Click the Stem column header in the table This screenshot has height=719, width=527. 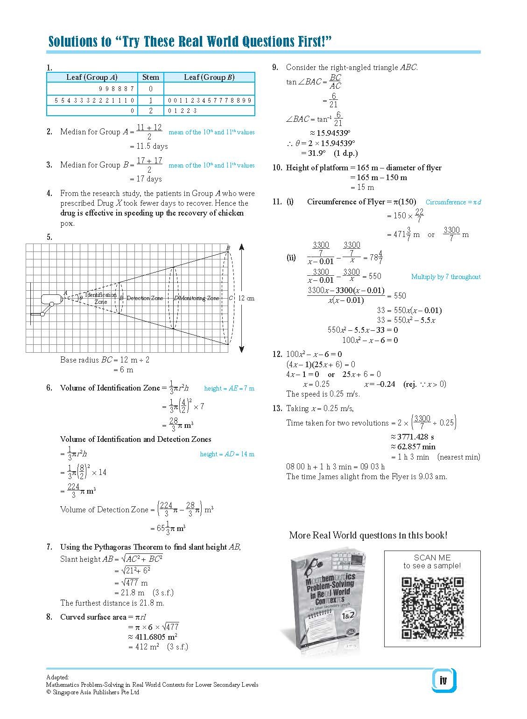[150, 77]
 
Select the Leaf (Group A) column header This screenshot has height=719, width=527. [91, 77]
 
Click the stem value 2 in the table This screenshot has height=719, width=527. [150, 111]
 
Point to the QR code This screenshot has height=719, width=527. [432, 607]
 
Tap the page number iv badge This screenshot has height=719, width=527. [443, 680]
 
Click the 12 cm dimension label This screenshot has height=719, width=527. [246, 298]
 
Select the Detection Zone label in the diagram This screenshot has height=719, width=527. [145, 298]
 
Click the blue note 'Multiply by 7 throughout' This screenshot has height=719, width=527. [445, 277]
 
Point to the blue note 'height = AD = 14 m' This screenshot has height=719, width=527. [227, 454]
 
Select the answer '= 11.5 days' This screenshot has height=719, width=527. [148, 147]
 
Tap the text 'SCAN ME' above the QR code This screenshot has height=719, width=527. [432, 558]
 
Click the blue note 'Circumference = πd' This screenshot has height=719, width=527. [453, 202]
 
